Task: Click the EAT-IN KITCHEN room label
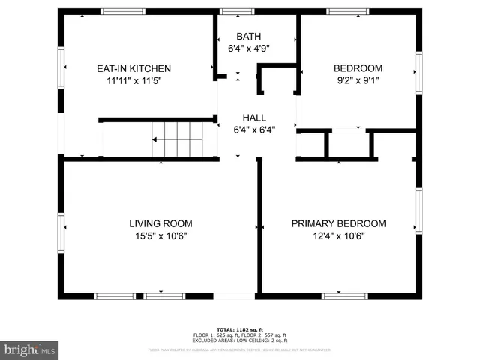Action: [133, 68]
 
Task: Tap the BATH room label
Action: [249, 37]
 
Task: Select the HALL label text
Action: [254, 118]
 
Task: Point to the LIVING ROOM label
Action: [160, 223]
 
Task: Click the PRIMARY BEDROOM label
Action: [338, 223]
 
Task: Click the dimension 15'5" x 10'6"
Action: [160, 235]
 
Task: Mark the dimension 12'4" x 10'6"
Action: [338, 235]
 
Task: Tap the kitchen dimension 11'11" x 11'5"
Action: [133, 79]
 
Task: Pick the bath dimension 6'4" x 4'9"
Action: [249, 48]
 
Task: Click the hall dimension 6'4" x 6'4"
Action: [254, 129]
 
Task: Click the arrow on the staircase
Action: [156, 139]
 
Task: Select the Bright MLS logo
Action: [30, 349]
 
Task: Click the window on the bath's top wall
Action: [237, 11]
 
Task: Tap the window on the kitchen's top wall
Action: [124, 11]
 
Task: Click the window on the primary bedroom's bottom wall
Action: [344, 296]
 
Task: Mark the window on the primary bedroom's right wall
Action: [418, 211]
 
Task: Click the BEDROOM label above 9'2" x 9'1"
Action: [358, 68]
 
